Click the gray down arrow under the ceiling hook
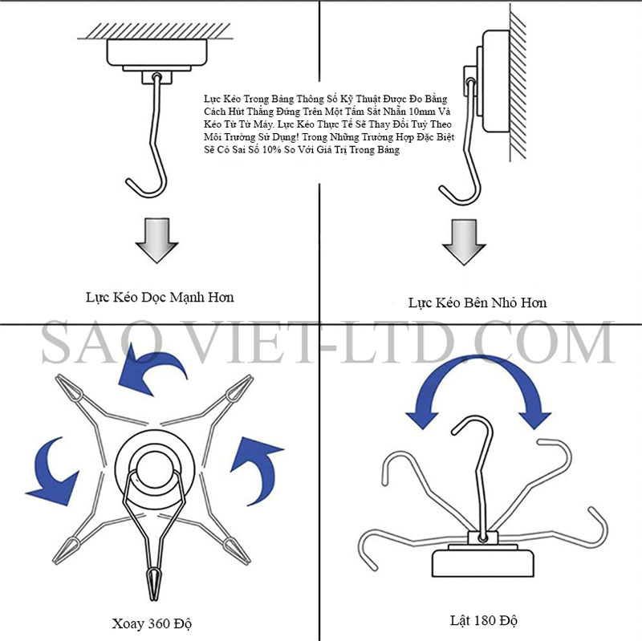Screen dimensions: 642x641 tap(156, 240)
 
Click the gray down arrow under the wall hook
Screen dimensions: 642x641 tap(464, 242)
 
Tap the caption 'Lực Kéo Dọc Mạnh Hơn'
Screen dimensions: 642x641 tap(160, 298)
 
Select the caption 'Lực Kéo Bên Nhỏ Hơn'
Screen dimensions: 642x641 tap(477, 303)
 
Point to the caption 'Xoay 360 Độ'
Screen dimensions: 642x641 tap(152, 623)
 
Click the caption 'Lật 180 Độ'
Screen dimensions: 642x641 tap(484, 620)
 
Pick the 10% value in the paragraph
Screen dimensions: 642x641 tap(271, 150)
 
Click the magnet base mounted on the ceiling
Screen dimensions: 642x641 tap(156, 52)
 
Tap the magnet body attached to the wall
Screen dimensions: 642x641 tap(496, 81)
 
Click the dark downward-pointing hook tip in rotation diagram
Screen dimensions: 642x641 tap(153, 583)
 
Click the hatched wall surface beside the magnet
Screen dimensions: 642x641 tap(518, 82)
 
